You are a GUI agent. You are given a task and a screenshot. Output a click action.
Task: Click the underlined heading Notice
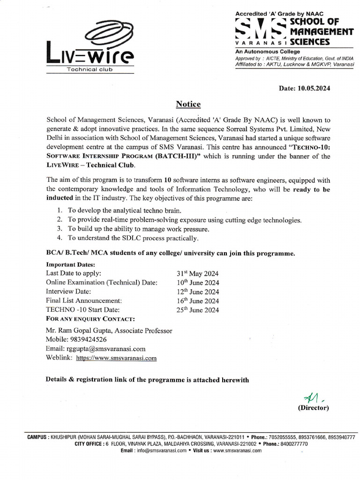pyautogui.click(x=188, y=104)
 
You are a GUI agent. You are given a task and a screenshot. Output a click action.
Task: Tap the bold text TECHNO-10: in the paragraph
pyautogui.click(x=312, y=147)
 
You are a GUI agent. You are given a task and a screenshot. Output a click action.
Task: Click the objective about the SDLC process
pyautogui.click(x=133, y=238)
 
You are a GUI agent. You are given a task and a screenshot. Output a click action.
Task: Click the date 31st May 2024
pyautogui.click(x=197, y=274)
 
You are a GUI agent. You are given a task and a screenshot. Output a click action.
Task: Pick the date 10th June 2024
pyautogui.click(x=197, y=283)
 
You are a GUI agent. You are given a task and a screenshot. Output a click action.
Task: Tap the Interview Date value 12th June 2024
pyautogui.click(x=197, y=292)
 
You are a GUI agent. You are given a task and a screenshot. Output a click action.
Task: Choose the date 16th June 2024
pyautogui.click(x=197, y=301)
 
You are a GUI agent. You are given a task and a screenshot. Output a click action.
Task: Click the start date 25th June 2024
pyautogui.click(x=197, y=310)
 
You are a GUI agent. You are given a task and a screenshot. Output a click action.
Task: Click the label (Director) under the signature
pyautogui.click(x=314, y=408)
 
